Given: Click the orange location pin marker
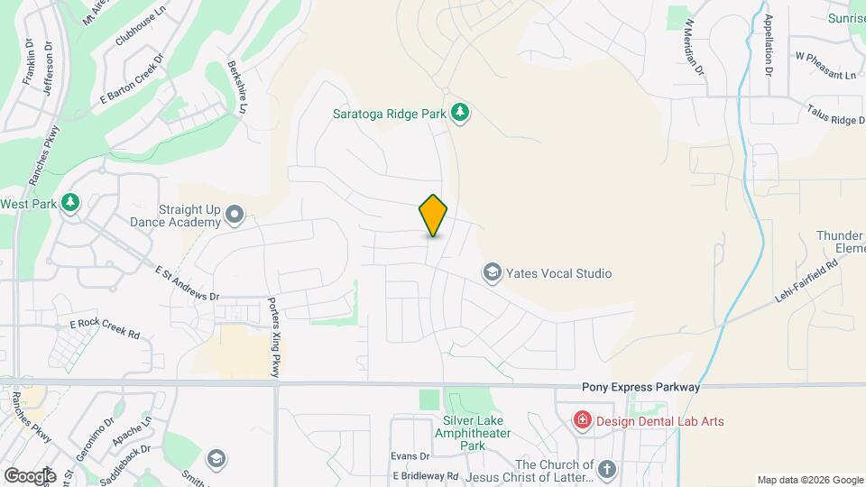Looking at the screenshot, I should [x=433, y=216].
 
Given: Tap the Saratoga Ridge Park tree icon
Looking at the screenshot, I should [x=461, y=112].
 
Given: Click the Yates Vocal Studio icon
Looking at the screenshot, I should [x=492, y=272].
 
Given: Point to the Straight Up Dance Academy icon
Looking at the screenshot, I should [x=235, y=214].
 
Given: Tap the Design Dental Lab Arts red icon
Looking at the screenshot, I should [x=583, y=421].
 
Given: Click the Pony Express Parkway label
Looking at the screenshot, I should [x=640, y=387].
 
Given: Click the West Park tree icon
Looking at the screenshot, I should [x=70, y=204].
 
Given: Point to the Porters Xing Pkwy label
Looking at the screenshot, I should [x=274, y=337].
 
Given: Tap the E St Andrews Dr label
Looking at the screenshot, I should [x=188, y=283].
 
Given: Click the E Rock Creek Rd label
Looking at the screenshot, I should [x=105, y=328].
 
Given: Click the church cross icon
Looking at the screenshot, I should [x=606, y=468].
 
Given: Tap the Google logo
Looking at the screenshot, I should [x=30, y=475].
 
